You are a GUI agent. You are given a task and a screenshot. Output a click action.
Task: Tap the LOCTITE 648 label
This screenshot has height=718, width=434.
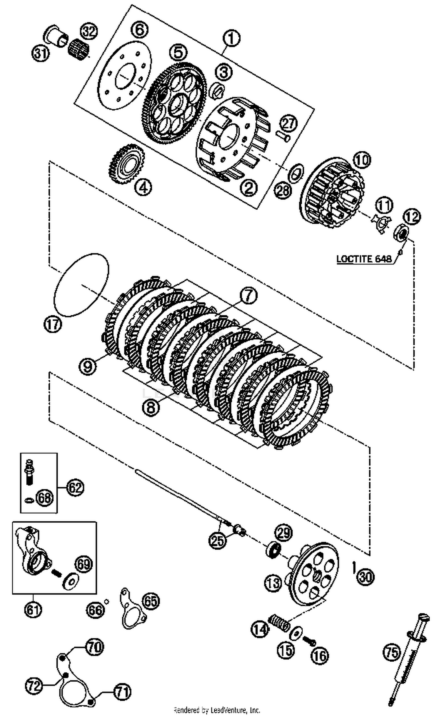point(364,258)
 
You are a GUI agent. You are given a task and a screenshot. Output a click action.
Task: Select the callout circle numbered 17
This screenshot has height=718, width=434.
point(53,324)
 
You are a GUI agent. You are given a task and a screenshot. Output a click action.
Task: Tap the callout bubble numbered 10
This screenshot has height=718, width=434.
point(362,160)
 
